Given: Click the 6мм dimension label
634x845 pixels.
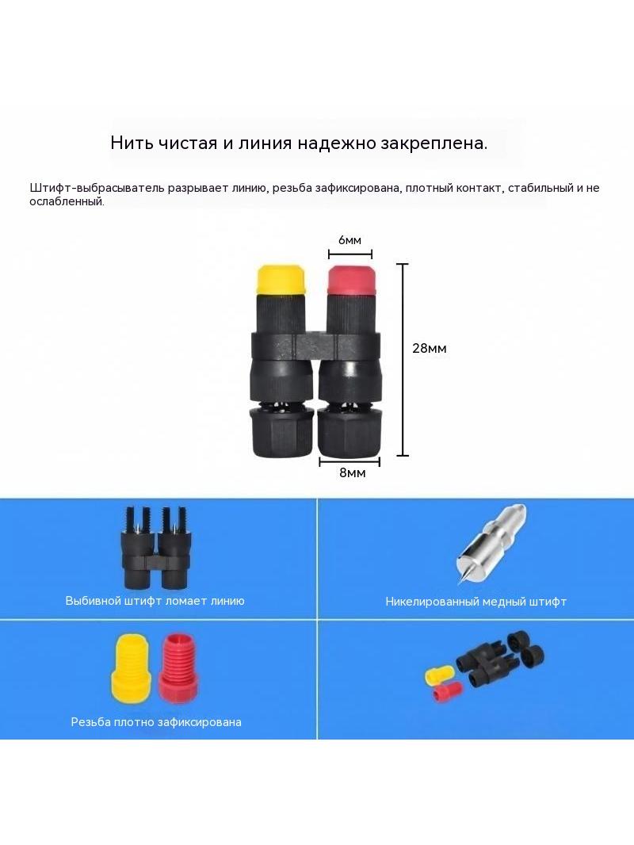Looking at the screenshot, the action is click(349, 240).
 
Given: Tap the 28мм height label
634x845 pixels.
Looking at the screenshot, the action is click(430, 348).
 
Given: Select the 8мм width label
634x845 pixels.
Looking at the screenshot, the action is click(353, 472).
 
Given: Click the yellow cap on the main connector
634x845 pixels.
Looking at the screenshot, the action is click(281, 280).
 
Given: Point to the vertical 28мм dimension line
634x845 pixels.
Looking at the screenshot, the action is click(403, 360).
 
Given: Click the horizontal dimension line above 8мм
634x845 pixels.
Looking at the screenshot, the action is click(349, 462).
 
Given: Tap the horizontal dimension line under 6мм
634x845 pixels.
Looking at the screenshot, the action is click(350, 254).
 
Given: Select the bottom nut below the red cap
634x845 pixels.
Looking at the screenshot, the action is click(350, 433).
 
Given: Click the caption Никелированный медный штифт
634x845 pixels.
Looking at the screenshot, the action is click(475, 602).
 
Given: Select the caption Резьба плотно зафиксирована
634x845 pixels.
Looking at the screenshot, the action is click(156, 721).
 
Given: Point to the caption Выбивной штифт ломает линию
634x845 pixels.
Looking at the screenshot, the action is click(155, 600).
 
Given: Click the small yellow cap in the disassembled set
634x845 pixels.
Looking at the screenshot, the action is click(439, 675).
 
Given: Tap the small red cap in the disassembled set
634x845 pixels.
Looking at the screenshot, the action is click(448, 692).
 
